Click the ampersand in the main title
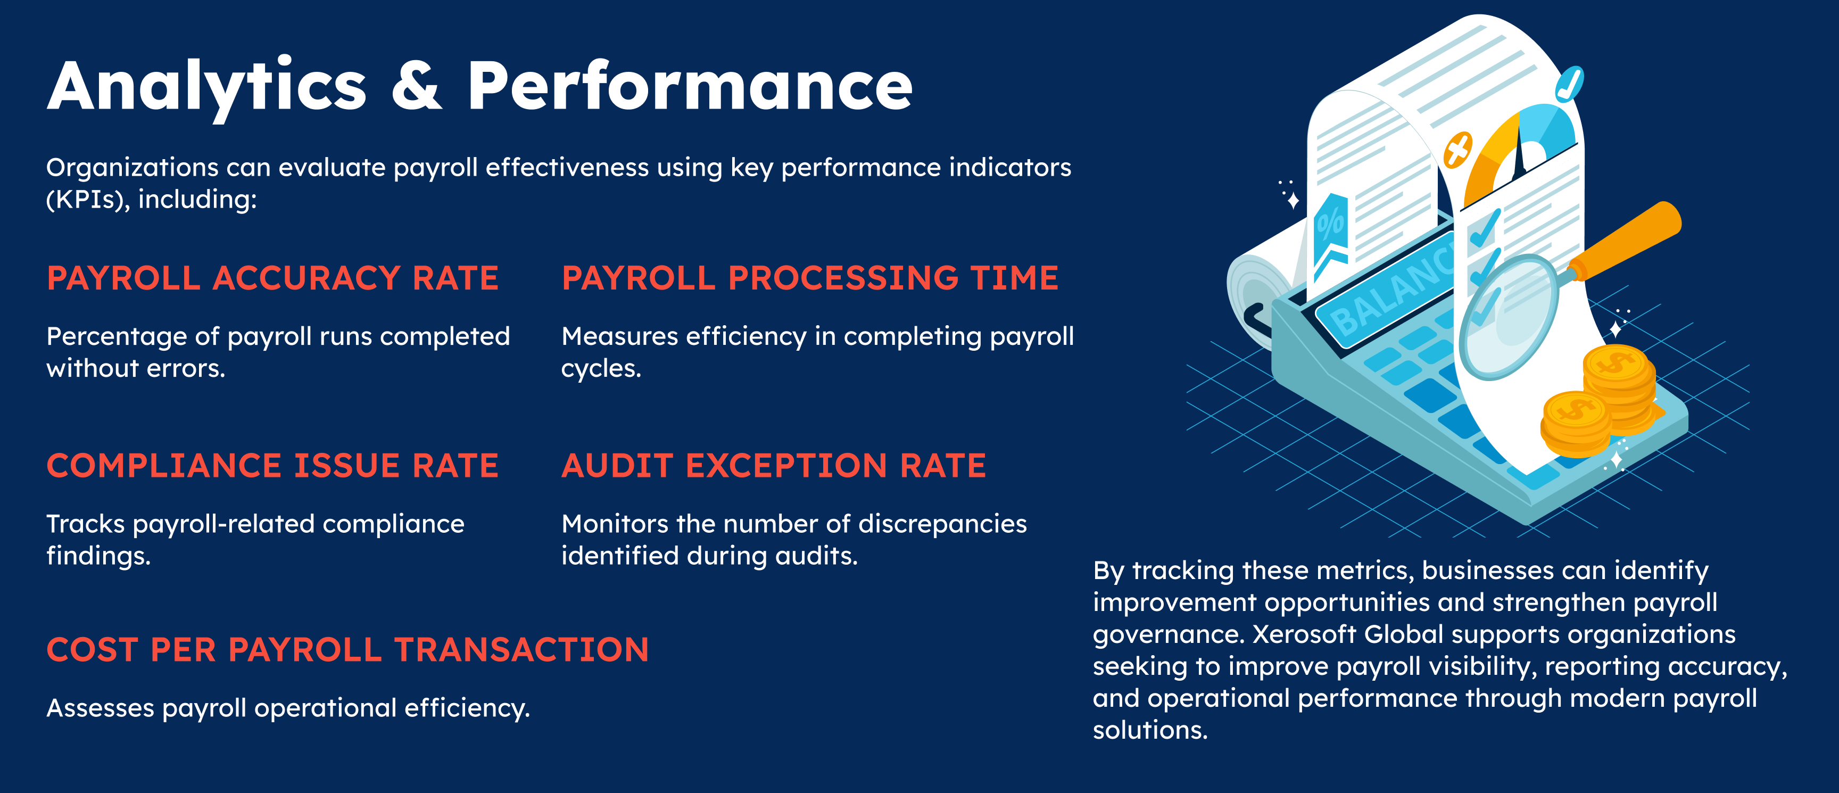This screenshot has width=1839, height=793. point(417,86)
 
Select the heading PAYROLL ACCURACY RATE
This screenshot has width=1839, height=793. point(272,278)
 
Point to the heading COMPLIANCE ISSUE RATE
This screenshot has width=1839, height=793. point(272,465)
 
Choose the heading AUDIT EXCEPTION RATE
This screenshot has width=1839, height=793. point(774,465)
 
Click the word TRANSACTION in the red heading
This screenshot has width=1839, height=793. point(522,649)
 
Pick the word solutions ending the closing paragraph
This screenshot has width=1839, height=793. point(1150,730)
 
